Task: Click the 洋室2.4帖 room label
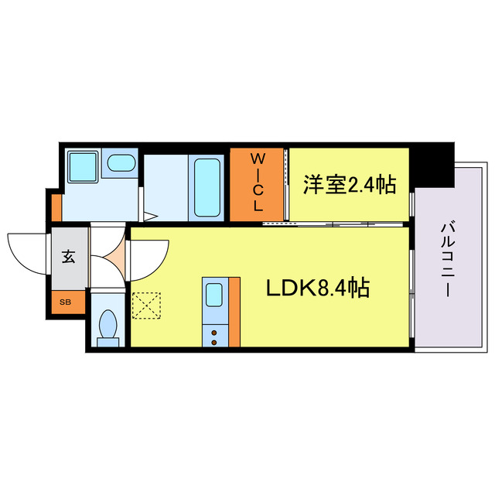(x=349, y=184)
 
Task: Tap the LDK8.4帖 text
(x=317, y=288)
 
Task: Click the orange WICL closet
(x=258, y=184)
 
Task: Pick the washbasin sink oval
(x=120, y=163)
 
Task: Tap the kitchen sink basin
(x=214, y=295)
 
